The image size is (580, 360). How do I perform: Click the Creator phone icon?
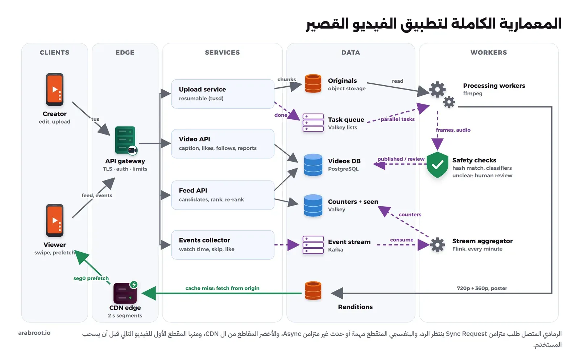pyautogui.click(x=55, y=89)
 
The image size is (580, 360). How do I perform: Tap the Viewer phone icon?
pyautogui.click(x=55, y=220)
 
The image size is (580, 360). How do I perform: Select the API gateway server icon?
pyautogui.click(x=126, y=140)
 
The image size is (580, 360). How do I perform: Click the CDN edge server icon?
pyautogui.click(x=125, y=293)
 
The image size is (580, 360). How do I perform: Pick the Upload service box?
pyautogui.click(x=223, y=94)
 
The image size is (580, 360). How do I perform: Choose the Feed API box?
pyautogui.click(x=223, y=195)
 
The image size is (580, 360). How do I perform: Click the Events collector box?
pyautogui.click(x=223, y=245)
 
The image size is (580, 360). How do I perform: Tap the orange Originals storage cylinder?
pyautogui.click(x=313, y=83)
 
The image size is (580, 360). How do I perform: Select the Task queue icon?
pyautogui.click(x=313, y=123)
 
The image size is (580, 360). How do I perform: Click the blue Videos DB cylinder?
pyautogui.click(x=313, y=165)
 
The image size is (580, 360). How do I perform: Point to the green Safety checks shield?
pyautogui.click(x=437, y=165)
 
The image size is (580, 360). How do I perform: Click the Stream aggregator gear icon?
pyautogui.click(x=437, y=245)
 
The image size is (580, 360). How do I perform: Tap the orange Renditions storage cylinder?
pyautogui.click(x=313, y=291)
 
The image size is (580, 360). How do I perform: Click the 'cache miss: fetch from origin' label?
pyautogui.click(x=222, y=288)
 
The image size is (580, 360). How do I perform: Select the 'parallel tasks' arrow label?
pyautogui.click(x=397, y=119)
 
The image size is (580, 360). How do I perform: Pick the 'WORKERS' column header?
pyautogui.click(x=489, y=52)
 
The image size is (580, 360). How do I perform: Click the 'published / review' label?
pyautogui.click(x=401, y=159)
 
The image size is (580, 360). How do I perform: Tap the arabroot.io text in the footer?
pyautogui.click(x=34, y=333)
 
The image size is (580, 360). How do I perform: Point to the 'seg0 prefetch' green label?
pyautogui.click(x=91, y=278)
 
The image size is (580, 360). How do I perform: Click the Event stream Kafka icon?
pyautogui.click(x=313, y=245)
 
